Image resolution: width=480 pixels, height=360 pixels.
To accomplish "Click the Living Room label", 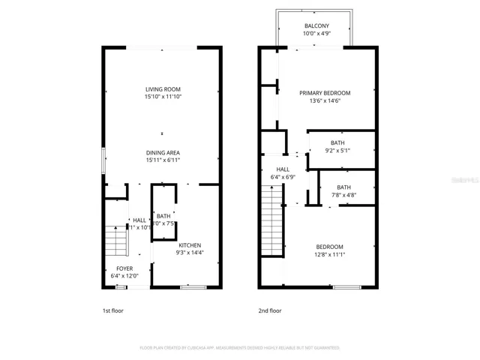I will coord(163,89).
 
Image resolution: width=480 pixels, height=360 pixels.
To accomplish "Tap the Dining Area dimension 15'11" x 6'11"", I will coord(163,160).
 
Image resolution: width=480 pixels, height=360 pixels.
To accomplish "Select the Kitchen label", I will coord(189,245).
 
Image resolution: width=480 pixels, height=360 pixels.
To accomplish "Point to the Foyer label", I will coord(124,268).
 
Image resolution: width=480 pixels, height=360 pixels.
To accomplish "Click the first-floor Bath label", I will coord(163,216).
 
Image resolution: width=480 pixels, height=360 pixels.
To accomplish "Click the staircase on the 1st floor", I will coord(115,241).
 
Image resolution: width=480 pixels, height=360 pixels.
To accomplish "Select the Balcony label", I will coord(316,25).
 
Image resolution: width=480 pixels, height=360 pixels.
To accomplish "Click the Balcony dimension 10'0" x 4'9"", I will coord(316,33).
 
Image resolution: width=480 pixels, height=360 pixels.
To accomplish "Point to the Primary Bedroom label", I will coord(325,93).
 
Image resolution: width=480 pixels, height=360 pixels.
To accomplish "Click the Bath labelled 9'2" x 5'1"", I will coord(337,142).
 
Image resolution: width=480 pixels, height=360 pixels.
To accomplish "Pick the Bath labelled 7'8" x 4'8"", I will coord(343,187).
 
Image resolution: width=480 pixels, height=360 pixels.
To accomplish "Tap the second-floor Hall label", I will coord(283,169).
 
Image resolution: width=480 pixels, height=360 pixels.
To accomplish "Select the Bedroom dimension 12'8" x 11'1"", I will coord(329,254).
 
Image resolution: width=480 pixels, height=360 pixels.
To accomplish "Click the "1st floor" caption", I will coord(114,310).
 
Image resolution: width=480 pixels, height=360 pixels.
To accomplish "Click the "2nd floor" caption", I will coord(271,310).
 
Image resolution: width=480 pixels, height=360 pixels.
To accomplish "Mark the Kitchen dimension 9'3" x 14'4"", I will coord(189,253).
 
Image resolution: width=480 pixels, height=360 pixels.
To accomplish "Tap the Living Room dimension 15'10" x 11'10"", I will coord(163,97).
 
